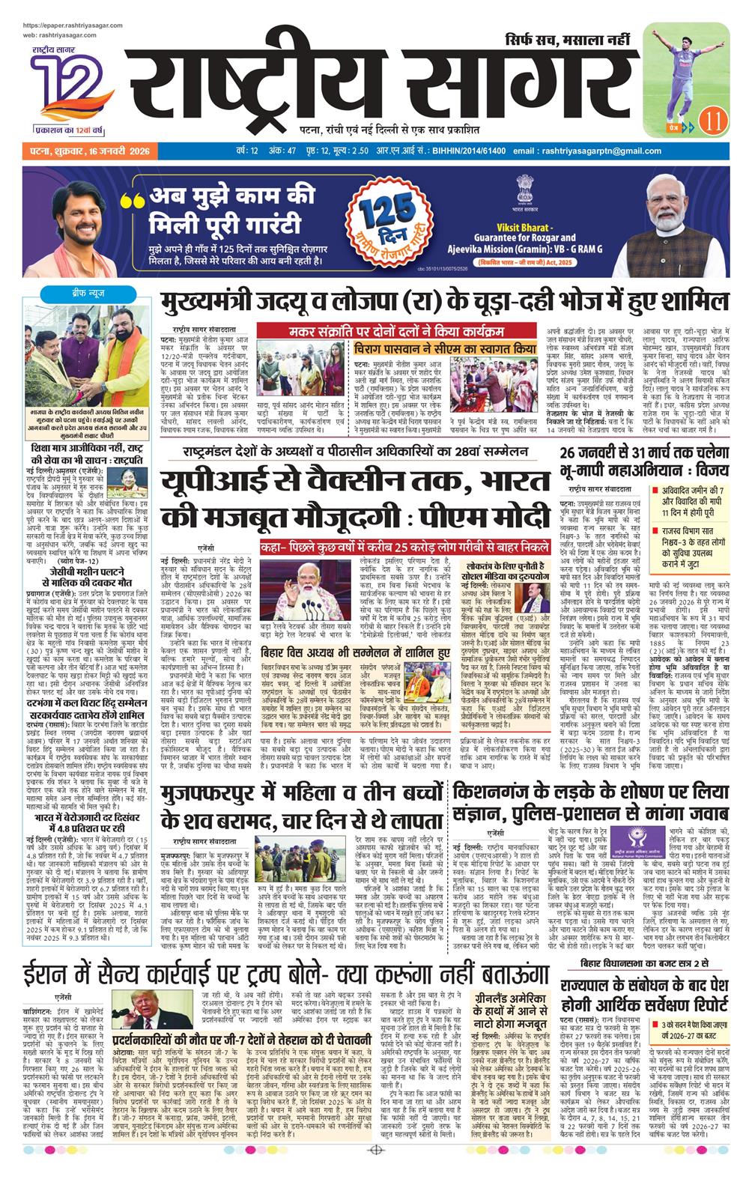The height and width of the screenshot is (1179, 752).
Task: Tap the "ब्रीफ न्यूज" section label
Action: [79, 291]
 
